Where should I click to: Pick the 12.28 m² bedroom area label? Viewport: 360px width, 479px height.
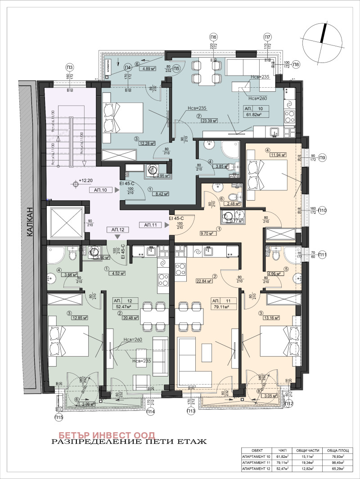(146, 144)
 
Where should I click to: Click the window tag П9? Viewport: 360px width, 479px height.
(322, 158)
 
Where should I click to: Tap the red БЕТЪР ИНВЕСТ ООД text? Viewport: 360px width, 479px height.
(103, 435)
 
